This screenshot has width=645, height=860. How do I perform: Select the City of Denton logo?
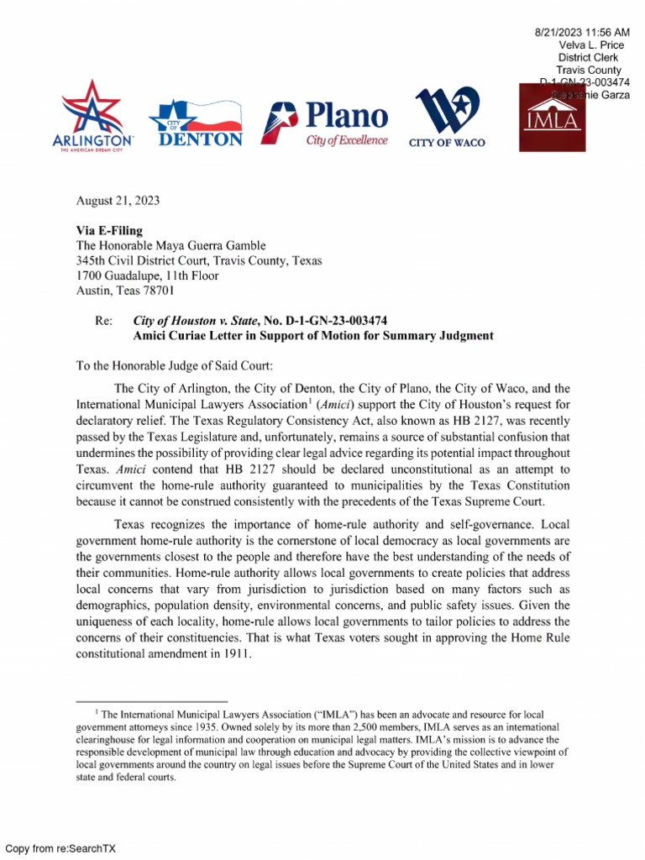(x=195, y=123)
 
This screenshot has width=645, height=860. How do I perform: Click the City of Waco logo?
(x=447, y=118)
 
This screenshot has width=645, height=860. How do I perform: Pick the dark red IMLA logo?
(x=551, y=118)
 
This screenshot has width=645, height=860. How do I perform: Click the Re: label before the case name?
(x=103, y=321)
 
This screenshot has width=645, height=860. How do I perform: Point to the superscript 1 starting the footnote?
(x=99, y=711)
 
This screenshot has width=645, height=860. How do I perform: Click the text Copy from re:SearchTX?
(x=60, y=848)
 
